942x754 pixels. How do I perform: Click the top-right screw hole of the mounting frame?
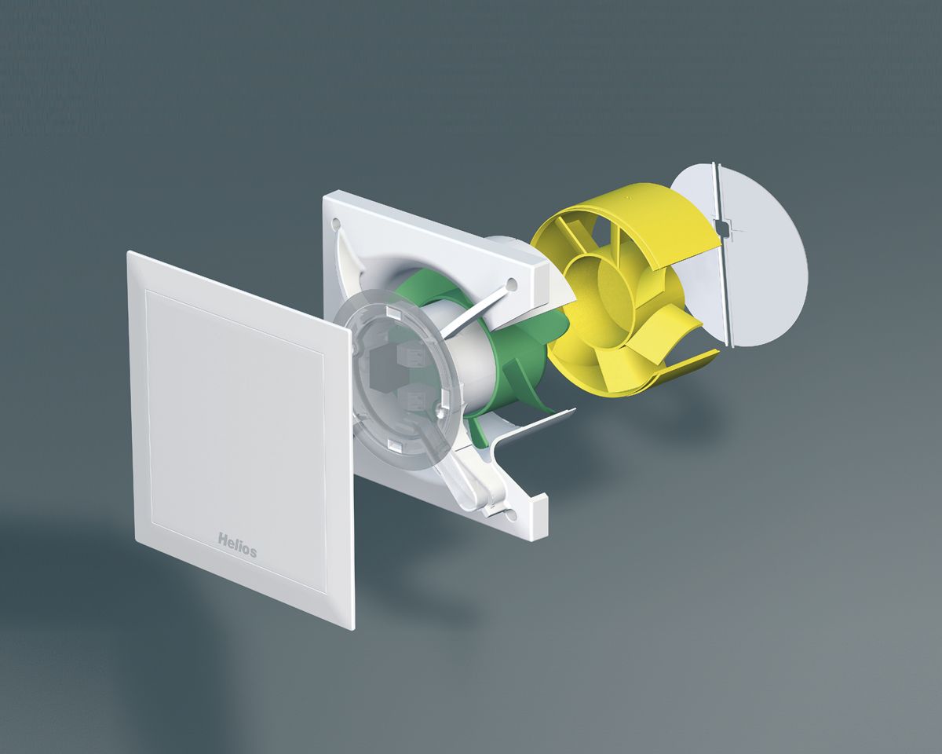point(511,281)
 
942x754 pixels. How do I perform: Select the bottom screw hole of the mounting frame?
point(511,514)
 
